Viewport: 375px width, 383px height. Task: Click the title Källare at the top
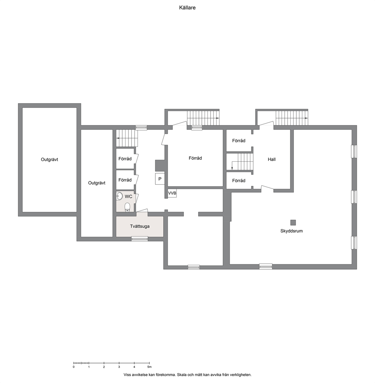pos(187,8)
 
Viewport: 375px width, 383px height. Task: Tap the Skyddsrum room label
pos(291,231)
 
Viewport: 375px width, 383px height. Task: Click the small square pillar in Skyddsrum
pos(293,222)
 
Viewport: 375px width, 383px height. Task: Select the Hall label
pos(271,159)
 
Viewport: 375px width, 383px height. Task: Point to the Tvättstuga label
pos(139,226)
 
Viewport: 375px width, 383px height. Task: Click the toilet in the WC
pos(127,207)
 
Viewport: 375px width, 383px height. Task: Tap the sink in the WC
pos(119,196)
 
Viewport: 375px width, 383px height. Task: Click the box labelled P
pos(160,179)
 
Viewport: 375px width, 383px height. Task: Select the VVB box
pos(172,193)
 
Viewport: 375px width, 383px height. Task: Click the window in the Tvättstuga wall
pos(139,239)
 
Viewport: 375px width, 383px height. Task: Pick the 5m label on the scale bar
pos(149,367)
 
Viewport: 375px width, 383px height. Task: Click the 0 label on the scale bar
pos(74,367)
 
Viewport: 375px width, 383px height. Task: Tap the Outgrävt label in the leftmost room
pos(50,159)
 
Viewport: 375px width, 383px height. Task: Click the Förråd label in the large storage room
pos(195,158)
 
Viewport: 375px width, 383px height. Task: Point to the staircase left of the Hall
pos(240,162)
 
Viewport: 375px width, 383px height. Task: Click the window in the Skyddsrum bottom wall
pos(266,266)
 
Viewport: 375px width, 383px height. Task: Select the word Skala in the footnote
pos(181,374)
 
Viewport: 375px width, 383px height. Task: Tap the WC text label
pos(129,197)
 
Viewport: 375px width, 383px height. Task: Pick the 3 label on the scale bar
pos(119,367)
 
